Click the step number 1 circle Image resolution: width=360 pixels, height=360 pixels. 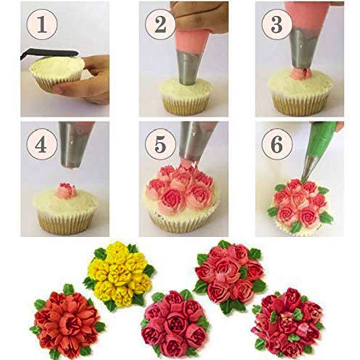click(41, 25)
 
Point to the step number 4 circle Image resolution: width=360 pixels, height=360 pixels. click(41, 144)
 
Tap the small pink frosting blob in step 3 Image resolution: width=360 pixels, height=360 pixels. click(301, 73)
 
